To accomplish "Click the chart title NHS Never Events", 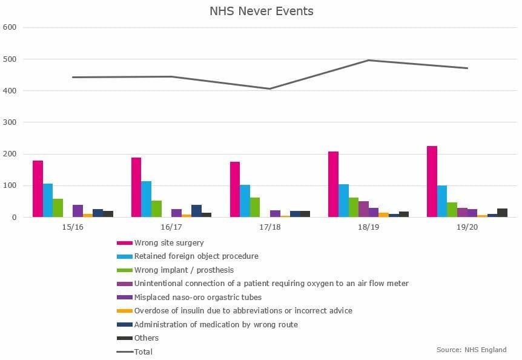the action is point(262,11).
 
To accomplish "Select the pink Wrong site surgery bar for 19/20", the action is point(432,181).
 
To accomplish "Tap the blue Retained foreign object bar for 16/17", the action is point(146,199).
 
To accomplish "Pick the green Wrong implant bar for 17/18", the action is point(255,207).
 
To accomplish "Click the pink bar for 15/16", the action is point(38,189).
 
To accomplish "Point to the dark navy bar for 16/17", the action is point(196,211).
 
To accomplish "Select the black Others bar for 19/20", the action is point(503,213).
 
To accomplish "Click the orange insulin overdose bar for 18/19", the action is point(383,215).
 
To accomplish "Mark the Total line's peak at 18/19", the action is point(369,60).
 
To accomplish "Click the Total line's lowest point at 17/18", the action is point(269,89).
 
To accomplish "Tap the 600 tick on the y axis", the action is point(10,27).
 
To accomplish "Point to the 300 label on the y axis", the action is point(10,122).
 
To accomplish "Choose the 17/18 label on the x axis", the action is point(270,227).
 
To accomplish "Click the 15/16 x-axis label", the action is point(73,227).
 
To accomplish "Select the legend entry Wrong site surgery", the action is point(169,243).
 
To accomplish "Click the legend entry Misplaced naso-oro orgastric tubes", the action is point(198,297).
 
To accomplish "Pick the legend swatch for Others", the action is point(125,338).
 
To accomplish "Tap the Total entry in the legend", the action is point(143,352).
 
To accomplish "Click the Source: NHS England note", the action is point(471,350).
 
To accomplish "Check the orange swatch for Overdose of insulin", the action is point(125,311).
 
